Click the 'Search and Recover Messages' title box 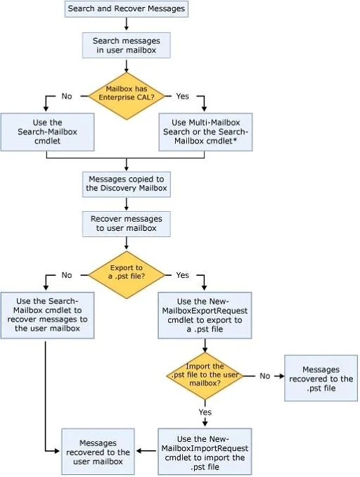(126, 9)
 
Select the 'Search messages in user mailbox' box (126, 45)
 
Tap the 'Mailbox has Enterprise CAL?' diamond (126, 96)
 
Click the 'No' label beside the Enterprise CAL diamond (67, 96)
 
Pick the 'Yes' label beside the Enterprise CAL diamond (182, 96)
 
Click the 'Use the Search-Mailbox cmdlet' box (47, 132)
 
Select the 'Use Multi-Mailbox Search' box (205, 132)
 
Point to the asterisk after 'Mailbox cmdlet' (235, 140)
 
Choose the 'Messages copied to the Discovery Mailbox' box (126, 184)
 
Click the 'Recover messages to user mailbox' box (126, 224)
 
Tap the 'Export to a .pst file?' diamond (126, 275)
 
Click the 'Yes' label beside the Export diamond (182, 275)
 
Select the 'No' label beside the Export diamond (67, 275)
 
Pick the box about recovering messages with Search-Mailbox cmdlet (47, 315)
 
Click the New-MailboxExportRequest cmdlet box (205, 315)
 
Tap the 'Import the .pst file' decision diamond (205, 376)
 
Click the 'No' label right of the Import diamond (265, 376)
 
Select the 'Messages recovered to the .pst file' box (321, 378)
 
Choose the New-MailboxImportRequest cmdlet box (205, 452)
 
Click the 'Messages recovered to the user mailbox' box (98, 452)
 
